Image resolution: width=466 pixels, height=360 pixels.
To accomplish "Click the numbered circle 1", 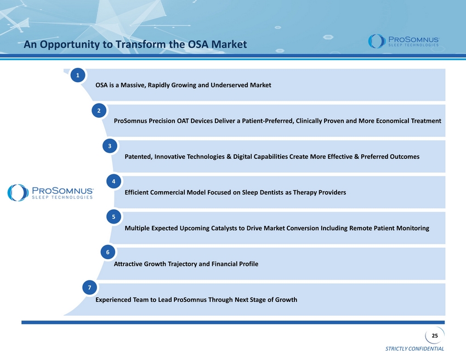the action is click(x=78, y=75).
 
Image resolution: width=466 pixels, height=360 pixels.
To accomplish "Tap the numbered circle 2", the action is click(x=99, y=111).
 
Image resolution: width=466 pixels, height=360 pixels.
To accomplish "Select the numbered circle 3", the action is click(x=110, y=146).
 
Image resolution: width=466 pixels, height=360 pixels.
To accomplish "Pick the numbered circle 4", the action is click(x=113, y=181).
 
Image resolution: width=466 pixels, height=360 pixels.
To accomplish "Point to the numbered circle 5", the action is click(x=113, y=216).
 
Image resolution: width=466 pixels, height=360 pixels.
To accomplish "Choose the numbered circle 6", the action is click(x=107, y=252).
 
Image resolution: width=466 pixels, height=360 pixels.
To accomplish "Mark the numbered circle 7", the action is click(x=89, y=287).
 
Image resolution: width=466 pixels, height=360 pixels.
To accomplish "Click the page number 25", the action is click(x=435, y=336).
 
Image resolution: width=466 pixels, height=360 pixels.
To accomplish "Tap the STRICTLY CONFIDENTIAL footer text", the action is click(x=414, y=348).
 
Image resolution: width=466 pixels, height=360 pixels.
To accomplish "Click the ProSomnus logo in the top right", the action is click(x=404, y=41).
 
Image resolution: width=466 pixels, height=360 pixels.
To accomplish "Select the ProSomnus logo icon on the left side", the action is click(x=18, y=192).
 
